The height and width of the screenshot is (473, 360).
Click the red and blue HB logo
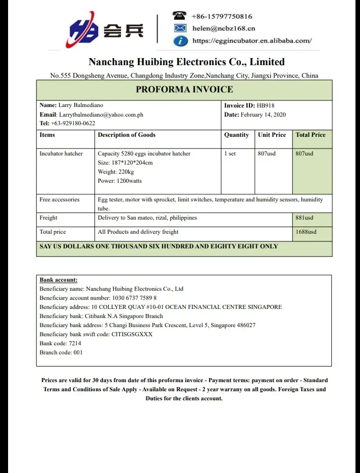pyautogui.click(x=84, y=32)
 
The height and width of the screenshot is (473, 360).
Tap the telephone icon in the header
pyautogui.click(x=179, y=16)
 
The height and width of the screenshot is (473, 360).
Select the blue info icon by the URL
pyautogui.click(x=180, y=41)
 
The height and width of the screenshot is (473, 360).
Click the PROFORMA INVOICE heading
pyautogui.click(x=184, y=90)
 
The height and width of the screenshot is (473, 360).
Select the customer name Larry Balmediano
pyautogui.click(x=81, y=106)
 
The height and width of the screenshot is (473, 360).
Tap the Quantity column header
pyautogui.click(x=236, y=135)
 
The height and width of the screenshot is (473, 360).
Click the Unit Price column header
pyautogui.click(x=272, y=135)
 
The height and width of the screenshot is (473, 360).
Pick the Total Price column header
pyautogui.click(x=311, y=135)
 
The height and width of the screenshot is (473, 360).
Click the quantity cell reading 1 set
pyautogui.click(x=230, y=153)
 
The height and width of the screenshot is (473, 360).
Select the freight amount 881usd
pyautogui.click(x=304, y=218)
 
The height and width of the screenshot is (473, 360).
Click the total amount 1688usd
pyautogui.click(x=306, y=232)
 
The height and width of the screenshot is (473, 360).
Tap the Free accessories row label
pyautogui.click(x=60, y=199)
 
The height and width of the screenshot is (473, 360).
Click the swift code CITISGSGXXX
pyautogui.click(x=132, y=334)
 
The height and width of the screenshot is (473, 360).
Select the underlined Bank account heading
pyautogui.click(x=59, y=280)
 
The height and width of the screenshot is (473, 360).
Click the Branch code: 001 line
pyautogui.click(x=61, y=352)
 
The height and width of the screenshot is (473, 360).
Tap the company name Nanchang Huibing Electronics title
pyautogui.click(x=186, y=62)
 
